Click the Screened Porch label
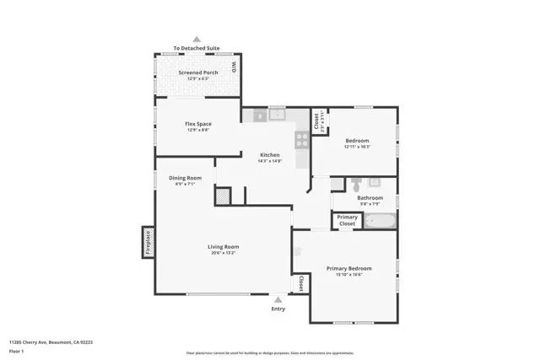coord(197,73)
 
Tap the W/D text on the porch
coord(234,67)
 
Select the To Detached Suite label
coord(197,49)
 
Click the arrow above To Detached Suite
coord(197,39)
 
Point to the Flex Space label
coord(197,124)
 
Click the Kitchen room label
coord(269,154)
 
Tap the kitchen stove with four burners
coord(301,140)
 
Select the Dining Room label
coord(185,178)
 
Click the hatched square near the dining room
coord(223,196)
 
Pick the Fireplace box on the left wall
coord(148,241)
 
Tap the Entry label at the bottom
coord(278,309)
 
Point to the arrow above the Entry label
coord(278,298)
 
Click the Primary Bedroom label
coord(348,268)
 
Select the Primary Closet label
coord(348,220)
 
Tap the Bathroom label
coord(370,198)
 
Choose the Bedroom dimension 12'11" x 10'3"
coord(357,147)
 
